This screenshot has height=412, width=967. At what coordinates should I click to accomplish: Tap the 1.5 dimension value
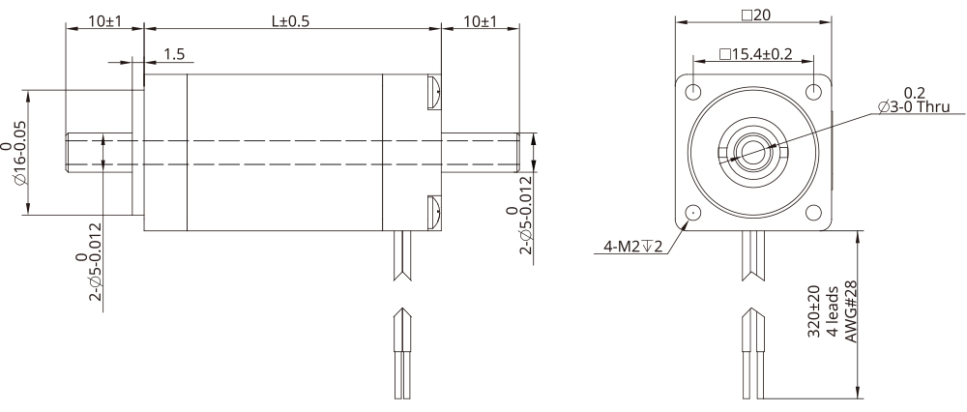pos(174,55)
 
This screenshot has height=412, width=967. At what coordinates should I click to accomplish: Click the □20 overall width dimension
pos(754,15)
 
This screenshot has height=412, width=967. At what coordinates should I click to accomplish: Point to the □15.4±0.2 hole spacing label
pos(756,55)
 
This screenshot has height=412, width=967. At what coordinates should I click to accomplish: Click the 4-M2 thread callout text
pos(630,248)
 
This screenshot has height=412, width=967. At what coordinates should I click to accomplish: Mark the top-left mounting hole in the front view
pos(693,91)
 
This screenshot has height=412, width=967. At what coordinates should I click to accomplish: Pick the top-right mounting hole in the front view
pos(814,91)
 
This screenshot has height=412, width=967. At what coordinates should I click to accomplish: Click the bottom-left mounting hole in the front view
pos(693,213)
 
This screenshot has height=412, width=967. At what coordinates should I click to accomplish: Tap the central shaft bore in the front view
pos(752,151)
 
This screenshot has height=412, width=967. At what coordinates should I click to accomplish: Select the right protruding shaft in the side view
pos(481,152)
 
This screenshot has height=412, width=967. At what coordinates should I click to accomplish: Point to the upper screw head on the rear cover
pos(433,92)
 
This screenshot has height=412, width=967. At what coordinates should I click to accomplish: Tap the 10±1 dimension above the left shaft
pos(103,21)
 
